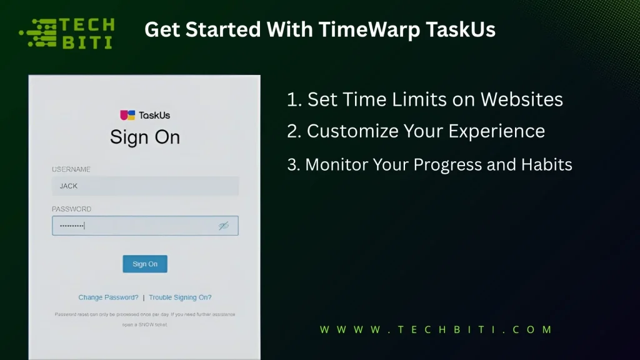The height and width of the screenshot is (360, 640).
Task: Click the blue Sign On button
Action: point(145,264)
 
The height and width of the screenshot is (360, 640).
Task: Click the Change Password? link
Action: point(108,297)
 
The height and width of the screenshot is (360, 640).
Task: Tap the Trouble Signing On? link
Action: point(180,297)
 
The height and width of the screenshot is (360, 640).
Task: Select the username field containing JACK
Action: point(145,186)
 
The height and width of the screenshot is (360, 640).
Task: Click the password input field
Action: point(134,226)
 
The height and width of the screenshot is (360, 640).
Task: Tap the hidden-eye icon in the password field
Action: point(224,226)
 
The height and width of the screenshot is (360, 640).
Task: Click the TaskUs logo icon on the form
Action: point(127,115)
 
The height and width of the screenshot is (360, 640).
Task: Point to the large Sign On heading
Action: point(145,137)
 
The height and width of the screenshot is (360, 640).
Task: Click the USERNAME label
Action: point(71,169)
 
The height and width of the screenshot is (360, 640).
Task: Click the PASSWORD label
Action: point(71,209)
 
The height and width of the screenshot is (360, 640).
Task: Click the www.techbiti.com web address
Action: point(436,329)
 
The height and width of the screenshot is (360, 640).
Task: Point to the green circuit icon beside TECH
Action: point(39,33)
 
